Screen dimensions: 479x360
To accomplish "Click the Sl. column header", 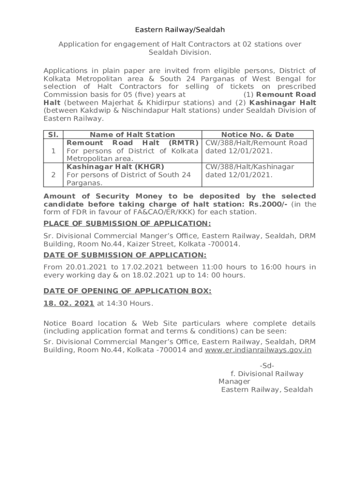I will pyautogui.click(x=53, y=135).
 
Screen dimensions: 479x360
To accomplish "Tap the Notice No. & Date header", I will pyautogui.click(x=258, y=135).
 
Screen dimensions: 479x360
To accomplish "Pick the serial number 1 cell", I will pyautogui.click(x=53, y=151).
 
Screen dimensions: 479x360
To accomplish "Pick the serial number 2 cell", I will pyautogui.click(x=53, y=175).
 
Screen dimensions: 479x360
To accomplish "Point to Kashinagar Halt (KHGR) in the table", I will pyautogui.click(x=115, y=167).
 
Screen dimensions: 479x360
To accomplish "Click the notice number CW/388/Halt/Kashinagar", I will pyautogui.click(x=250, y=167).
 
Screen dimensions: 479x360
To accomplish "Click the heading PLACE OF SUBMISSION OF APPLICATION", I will pyautogui.click(x=127, y=224).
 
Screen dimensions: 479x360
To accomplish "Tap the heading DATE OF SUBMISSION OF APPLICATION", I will pyautogui.click(x=125, y=255).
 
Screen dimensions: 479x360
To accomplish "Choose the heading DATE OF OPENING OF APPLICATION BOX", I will pyautogui.click(x=127, y=291).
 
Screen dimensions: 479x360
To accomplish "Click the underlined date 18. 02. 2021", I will pyautogui.click(x=69, y=303).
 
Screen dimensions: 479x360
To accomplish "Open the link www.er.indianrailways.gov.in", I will pyautogui.click(x=258, y=350).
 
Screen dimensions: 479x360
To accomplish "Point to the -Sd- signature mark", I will pyautogui.click(x=266, y=365).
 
